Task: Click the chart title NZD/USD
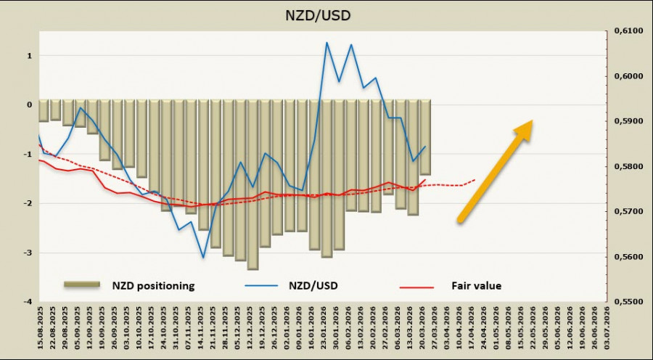tap(326, 14)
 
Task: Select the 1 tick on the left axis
tap(28, 56)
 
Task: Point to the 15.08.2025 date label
tap(43, 330)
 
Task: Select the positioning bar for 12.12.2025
tap(252, 184)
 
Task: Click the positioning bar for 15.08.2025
tap(43, 110)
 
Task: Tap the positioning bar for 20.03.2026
tap(425, 137)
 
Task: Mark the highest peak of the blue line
tap(326, 42)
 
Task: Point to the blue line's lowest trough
tap(204, 257)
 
